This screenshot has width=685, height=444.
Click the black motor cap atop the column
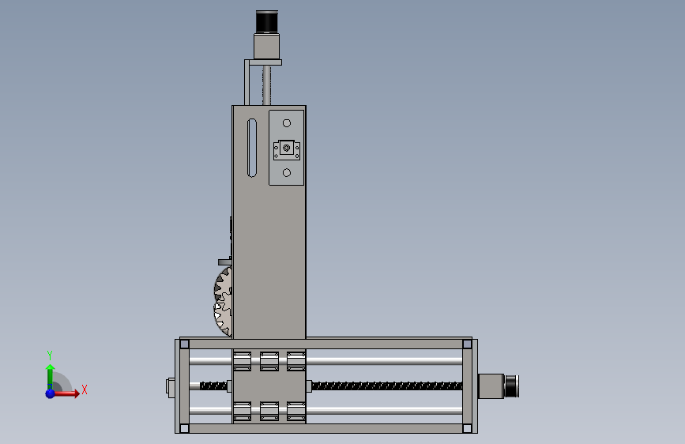pyautogui.click(x=266, y=22)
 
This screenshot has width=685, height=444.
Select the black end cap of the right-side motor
pyautogui.click(x=511, y=386)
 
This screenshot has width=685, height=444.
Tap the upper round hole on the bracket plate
pyautogui.click(x=287, y=123)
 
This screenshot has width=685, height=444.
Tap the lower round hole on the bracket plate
pyautogui.click(x=287, y=173)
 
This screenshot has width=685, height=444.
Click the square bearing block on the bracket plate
pyautogui.click(x=287, y=150)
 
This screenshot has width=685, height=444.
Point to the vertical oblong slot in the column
pyautogui.click(x=252, y=149)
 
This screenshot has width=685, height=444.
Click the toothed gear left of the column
pyautogui.click(x=224, y=302)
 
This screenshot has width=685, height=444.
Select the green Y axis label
pyautogui.click(x=50, y=355)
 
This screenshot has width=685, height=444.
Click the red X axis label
pyautogui.click(x=85, y=389)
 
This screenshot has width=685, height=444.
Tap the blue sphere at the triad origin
pyautogui.click(x=51, y=393)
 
